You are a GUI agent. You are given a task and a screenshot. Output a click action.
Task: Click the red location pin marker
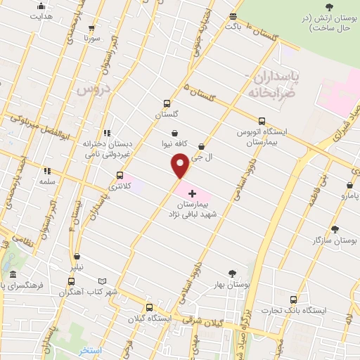coord(180,166)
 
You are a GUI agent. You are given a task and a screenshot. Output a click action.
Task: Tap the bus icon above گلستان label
coord(167,103)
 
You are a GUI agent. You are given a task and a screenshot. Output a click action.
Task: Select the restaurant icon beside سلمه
coord(47,170)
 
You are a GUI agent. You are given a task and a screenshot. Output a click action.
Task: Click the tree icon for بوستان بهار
coord(232,274)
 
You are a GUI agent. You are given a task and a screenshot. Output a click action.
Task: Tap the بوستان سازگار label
coord(335,240)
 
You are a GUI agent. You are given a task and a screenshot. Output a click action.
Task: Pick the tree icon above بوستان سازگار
coord(334,229)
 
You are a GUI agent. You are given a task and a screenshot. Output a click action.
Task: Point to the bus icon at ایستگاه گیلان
coord(148,307)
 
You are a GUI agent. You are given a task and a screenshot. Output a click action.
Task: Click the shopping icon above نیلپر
coord(77,257)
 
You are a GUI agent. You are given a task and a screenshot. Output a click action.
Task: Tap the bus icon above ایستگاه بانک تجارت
coord(293,300)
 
